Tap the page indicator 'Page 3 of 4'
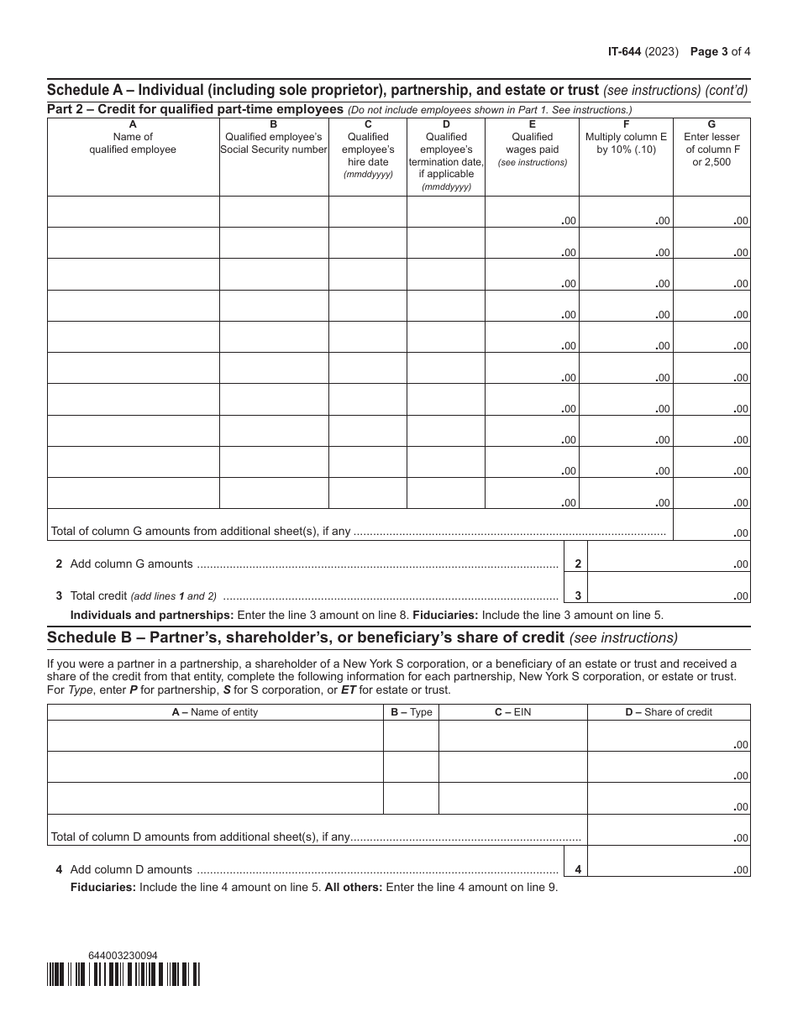pyautogui.click(x=720, y=50)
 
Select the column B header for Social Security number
pyautogui.click(x=273, y=143)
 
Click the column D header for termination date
pyautogui.click(x=446, y=155)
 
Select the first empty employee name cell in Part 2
pyautogui.click(x=133, y=212)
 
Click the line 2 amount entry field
pyautogui.click(x=670, y=557)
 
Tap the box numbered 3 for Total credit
pyautogui.click(x=577, y=595)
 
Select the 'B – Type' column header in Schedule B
pyautogui.click(x=411, y=712)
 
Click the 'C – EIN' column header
pyautogui.click(x=512, y=712)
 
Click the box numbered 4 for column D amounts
pyautogui.click(x=577, y=869)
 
